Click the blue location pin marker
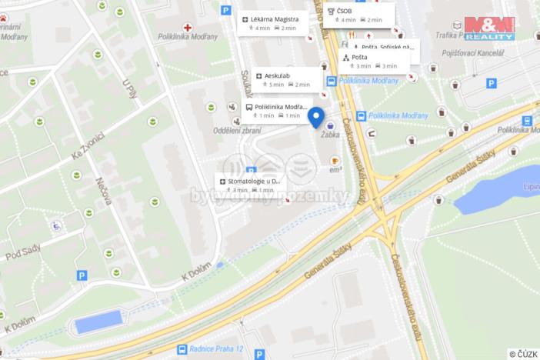point(315,116)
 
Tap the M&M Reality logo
point(489,28)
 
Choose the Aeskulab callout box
point(282,80)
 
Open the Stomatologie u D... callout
point(250,185)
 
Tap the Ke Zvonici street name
point(88,145)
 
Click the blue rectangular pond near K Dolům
point(98,322)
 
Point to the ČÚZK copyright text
point(523,354)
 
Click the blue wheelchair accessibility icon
point(56,226)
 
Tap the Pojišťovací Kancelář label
point(475,52)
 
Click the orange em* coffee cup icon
point(335,160)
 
